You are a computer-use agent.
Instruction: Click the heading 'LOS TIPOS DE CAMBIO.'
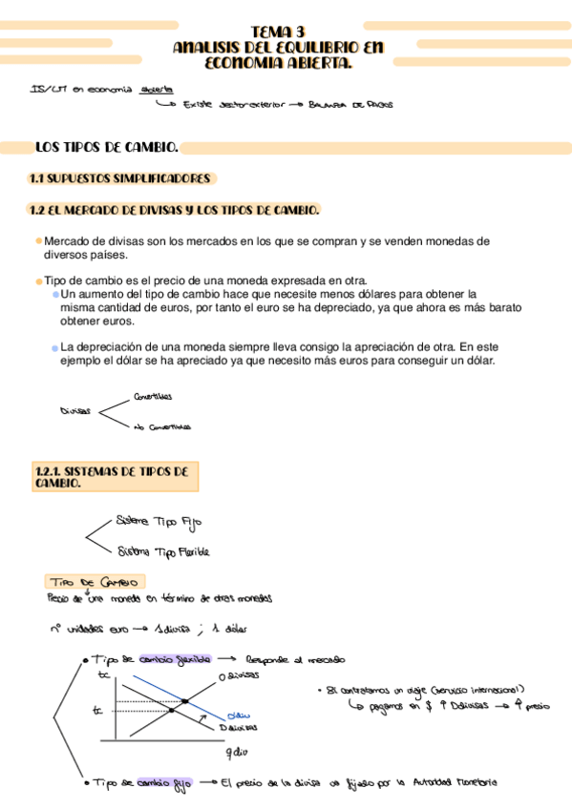[x=106, y=148]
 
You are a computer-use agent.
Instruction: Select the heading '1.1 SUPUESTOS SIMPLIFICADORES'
[x=120, y=178]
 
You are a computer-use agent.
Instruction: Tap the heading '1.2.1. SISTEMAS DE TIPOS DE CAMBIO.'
[x=111, y=477]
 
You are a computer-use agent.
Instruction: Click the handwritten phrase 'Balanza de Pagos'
[x=350, y=106]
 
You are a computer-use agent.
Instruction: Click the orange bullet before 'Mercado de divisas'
[x=38, y=241]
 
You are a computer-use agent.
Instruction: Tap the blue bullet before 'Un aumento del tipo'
[x=55, y=295]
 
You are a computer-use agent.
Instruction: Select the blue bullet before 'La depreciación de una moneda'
[x=55, y=348]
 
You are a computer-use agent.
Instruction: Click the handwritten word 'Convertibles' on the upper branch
[x=153, y=397]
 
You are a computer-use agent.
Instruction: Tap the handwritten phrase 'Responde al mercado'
[x=295, y=660]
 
